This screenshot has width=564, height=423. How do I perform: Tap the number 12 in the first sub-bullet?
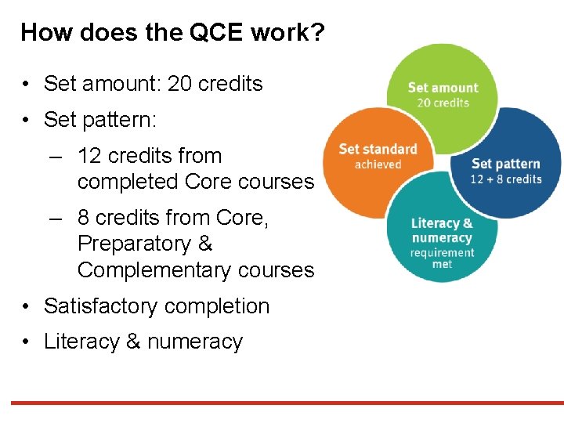[x=91, y=156]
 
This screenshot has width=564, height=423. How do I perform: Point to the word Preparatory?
[x=134, y=244]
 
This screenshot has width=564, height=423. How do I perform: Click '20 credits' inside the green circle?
[x=443, y=103]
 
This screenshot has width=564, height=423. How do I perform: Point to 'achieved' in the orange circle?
[x=378, y=164]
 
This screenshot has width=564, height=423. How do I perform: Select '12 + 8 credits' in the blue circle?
[x=506, y=179]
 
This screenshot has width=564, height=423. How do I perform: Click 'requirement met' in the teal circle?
[x=442, y=258]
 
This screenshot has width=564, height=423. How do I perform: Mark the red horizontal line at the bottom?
[x=282, y=403]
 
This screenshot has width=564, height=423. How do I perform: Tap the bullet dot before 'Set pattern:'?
[x=27, y=121]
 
